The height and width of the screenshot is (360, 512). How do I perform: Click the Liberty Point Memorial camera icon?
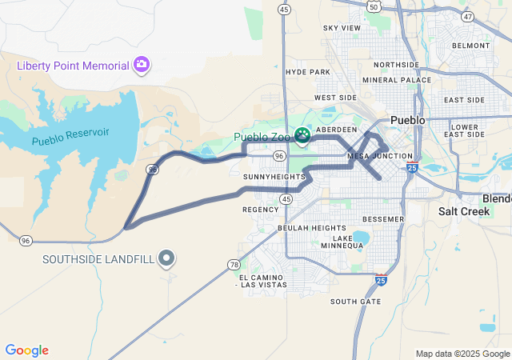click(142, 64)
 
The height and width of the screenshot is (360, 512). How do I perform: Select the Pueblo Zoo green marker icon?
click(303, 136)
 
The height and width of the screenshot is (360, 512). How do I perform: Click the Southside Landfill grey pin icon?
click(166, 258)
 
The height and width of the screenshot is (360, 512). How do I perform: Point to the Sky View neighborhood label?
click(342, 28)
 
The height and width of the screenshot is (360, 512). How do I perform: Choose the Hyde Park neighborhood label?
click(308, 72)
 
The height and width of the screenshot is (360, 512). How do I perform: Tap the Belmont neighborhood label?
click(470, 46)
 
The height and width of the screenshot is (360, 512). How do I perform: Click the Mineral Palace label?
click(396, 80)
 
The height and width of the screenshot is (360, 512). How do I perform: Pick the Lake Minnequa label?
click(353, 242)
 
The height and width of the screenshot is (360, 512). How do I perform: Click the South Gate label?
click(355, 302)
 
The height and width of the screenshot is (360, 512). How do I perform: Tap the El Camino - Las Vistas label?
click(261, 280)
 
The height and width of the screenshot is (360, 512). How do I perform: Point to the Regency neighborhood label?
click(260, 210)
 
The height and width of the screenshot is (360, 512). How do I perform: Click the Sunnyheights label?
click(269, 176)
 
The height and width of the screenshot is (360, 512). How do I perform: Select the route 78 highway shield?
click(234, 264)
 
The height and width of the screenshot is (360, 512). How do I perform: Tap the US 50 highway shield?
click(374, 6)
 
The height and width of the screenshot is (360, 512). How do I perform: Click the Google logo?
click(26, 350)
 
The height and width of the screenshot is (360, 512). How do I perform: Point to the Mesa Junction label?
click(380, 156)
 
